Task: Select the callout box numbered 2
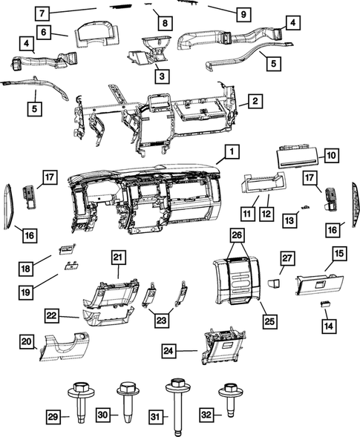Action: coord(254,100)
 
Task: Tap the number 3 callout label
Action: coord(160,75)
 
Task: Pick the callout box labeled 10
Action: coord(331,155)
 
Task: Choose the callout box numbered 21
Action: coord(117,257)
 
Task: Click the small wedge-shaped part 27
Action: coord(273,283)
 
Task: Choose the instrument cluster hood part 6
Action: coord(93,27)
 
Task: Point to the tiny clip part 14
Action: coord(324,304)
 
